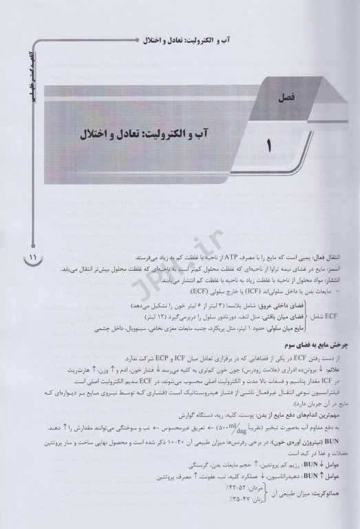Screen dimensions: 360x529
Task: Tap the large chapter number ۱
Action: pos(268,147)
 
